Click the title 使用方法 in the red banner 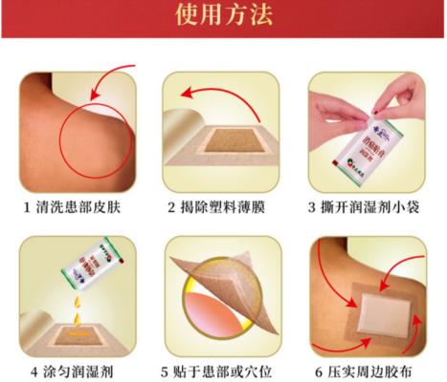[x=223, y=16]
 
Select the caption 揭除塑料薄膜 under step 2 [x=229, y=207]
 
